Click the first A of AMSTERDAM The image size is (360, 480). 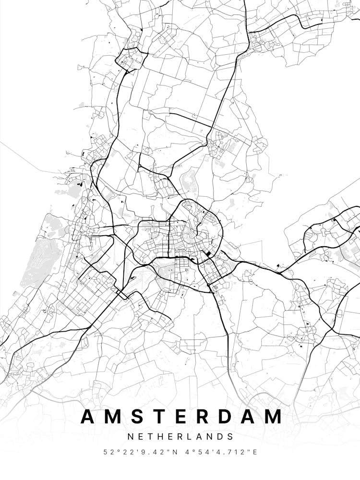pyautogui.click(x=88, y=417)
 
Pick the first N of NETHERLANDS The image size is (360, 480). pyautogui.click(x=130, y=437)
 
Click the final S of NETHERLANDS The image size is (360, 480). pyautogui.click(x=231, y=437)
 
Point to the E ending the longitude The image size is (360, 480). pyautogui.click(x=255, y=452)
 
